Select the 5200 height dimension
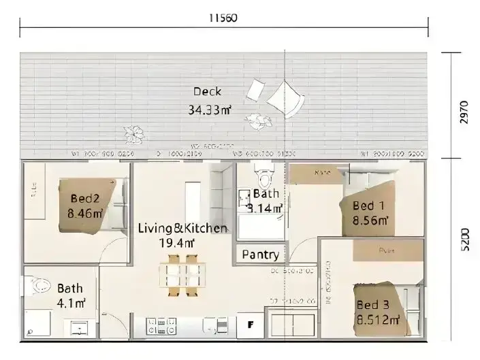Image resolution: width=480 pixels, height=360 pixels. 464,240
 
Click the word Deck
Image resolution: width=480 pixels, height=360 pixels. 207,92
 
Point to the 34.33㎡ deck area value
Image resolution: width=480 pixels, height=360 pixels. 209,109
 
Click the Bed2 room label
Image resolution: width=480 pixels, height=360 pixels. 85,199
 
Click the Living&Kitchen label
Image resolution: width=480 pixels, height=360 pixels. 182,228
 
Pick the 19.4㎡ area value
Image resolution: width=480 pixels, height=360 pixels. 176,242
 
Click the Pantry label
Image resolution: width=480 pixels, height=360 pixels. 260,255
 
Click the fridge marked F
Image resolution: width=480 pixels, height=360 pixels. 250,325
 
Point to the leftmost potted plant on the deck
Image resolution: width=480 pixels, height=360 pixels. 133,133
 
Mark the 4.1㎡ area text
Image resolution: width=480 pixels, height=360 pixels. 71,303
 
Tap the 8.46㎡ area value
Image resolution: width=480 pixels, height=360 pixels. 85,213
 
